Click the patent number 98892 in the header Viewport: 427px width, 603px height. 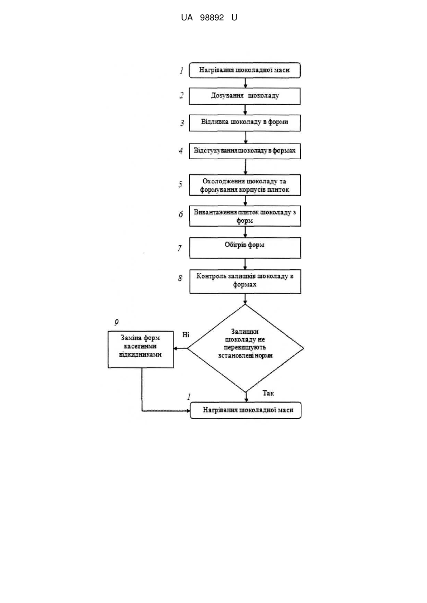click(x=212, y=18)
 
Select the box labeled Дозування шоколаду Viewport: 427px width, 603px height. click(x=245, y=96)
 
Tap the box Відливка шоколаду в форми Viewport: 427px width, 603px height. click(x=245, y=123)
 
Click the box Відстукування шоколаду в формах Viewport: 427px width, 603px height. click(x=245, y=151)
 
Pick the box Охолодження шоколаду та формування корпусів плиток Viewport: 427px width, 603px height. click(x=245, y=185)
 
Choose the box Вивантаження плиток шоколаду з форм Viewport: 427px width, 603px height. click(x=245, y=216)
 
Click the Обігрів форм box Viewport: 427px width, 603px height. click(x=245, y=248)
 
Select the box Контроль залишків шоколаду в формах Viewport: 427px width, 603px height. click(x=245, y=281)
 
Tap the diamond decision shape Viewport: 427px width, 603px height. click(x=245, y=348)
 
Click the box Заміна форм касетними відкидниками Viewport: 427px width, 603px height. click(x=141, y=350)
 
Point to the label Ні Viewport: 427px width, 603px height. click(x=186, y=334)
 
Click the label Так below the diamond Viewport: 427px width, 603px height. click(x=268, y=393)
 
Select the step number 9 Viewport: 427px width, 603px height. click(x=117, y=322)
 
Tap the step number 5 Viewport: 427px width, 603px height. click(x=180, y=184)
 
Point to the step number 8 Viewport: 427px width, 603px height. click(x=180, y=278)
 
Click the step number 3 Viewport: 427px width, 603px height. click(x=182, y=123)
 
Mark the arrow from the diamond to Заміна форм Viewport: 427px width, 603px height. click(x=181, y=348)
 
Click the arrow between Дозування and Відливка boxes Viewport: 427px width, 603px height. click(x=245, y=109)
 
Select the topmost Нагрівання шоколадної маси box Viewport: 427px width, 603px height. click(x=245, y=70)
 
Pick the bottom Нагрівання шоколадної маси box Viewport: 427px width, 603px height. click(x=245, y=410)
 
